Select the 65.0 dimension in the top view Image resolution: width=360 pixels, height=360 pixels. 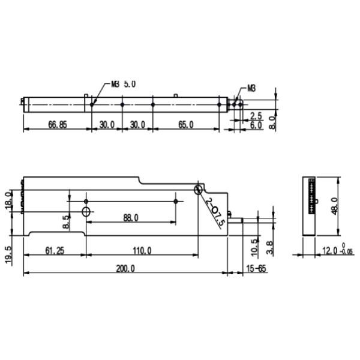click(x=186, y=125)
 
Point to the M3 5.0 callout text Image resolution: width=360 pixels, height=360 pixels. click(x=124, y=85)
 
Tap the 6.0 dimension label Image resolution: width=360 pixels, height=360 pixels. click(x=256, y=125)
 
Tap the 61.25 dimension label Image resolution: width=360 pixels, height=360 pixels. click(x=54, y=250)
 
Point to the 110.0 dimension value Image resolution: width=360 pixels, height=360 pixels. click(x=142, y=250)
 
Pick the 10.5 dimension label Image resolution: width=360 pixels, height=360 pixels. click(x=254, y=245)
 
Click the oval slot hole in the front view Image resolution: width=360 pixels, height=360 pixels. click(x=86, y=212)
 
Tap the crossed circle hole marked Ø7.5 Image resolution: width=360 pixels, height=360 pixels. click(x=198, y=190)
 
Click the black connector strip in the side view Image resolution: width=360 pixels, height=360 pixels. click(x=311, y=196)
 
